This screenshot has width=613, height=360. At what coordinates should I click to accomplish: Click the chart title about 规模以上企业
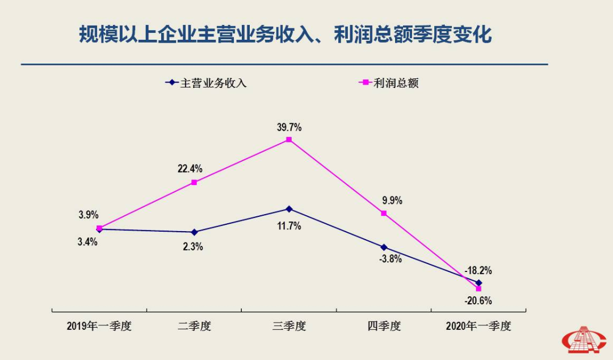(x=285, y=35)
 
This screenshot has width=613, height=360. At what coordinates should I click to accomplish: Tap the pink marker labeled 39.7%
(x=289, y=139)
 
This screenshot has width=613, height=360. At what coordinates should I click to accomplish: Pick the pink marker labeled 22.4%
(x=194, y=182)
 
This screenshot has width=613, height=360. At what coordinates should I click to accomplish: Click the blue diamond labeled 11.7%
(x=289, y=209)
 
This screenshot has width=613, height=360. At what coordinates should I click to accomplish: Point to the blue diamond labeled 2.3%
(x=194, y=232)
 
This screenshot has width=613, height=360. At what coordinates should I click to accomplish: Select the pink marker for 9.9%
(x=384, y=214)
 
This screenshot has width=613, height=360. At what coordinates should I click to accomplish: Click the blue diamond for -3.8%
(x=384, y=248)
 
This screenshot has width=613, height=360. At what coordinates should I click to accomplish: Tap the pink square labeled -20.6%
(x=478, y=289)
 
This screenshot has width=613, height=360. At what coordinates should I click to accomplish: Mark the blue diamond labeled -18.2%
(x=478, y=282)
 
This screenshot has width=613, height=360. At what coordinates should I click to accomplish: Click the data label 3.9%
(x=89, y=215)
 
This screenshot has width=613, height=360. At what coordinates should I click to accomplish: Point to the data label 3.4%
(x=88, y=242)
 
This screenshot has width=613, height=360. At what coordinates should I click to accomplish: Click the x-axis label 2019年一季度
(x=99, y=326)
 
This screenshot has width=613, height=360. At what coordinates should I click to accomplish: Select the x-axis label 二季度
(x=194, y=326)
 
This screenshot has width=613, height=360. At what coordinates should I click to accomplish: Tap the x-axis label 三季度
(x=289, y=326)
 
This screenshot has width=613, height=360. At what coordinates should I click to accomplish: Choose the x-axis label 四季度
(x=384, y=326)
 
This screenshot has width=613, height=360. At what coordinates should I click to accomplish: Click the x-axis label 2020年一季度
(x=478, y=326)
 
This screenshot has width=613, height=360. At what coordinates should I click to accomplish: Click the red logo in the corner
(x=584, y=340)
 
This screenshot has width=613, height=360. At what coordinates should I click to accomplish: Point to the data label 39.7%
(x=289, y=127)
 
